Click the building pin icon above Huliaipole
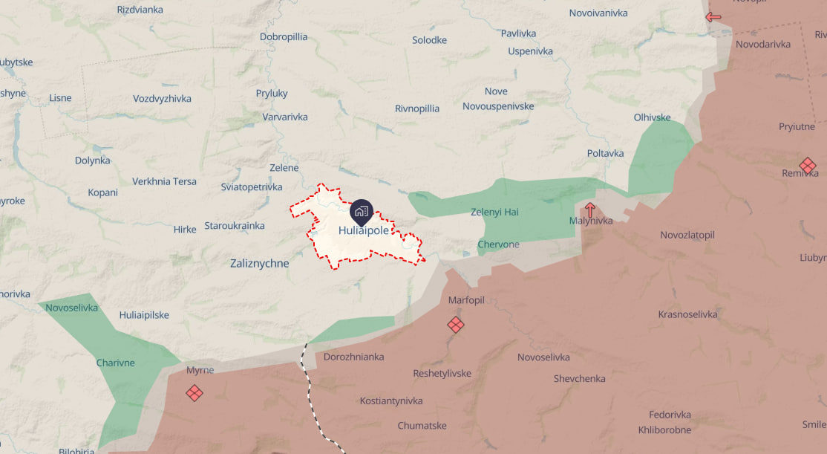coord(362,212)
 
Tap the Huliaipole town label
coord(363,230)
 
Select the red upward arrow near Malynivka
coord(589,210)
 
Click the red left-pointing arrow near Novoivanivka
coord(713,16)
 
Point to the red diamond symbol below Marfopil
coord(456,325)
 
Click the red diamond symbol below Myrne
coord(195,392)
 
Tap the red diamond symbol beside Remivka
coord(808,165)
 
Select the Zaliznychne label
coord(260,263)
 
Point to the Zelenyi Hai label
coord(494,212)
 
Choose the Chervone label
coord(498,244)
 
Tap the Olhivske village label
coord(652,117)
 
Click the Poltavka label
coord(605,153)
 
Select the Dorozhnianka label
coord(354,357)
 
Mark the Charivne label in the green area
coord(116,363)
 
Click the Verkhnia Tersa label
coord(164,181)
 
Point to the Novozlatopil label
coord(687,235)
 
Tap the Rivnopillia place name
coord(417,108)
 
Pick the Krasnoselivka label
coord(687,314)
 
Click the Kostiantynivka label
coord(391,401)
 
